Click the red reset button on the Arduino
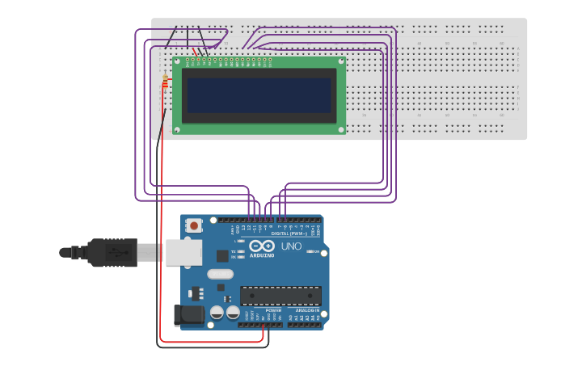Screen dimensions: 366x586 tap(194, 226)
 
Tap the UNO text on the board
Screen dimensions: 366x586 tap(291, 246)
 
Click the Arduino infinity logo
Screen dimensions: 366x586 tap(262, 245)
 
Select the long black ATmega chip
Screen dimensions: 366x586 tap(280, 296)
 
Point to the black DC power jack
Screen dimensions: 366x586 tap(188, 315)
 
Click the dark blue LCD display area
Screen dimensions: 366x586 tap(259, 95)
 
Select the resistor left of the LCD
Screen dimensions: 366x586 tap(165, 82)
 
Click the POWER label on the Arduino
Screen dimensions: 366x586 tap(274, 310)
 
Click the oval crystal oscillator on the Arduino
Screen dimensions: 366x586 tap(220, 274)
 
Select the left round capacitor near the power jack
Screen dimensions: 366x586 tap(217, 312)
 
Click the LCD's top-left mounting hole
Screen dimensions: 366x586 tap(178, 61)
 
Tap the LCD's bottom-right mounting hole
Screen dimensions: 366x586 tap(341, 129)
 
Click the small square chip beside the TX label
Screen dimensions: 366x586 tap(222, 255)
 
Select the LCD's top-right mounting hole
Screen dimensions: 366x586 tap(341, 61)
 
